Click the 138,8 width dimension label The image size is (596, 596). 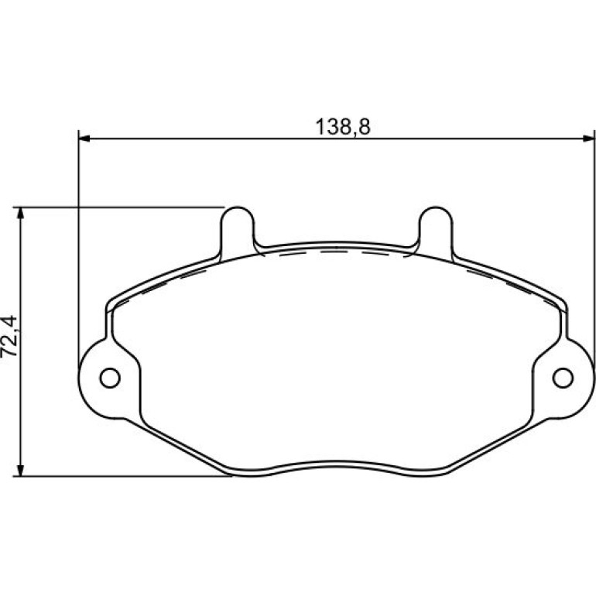click(343, 127)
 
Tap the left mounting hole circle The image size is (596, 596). click(110, 378)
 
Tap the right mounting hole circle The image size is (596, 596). click(563, 378)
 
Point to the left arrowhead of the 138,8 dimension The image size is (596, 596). click(84, 139)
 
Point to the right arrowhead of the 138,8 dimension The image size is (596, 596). click(588, 139)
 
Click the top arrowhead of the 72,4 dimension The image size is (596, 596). click(21, 213)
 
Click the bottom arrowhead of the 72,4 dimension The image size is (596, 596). click(21, 470)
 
